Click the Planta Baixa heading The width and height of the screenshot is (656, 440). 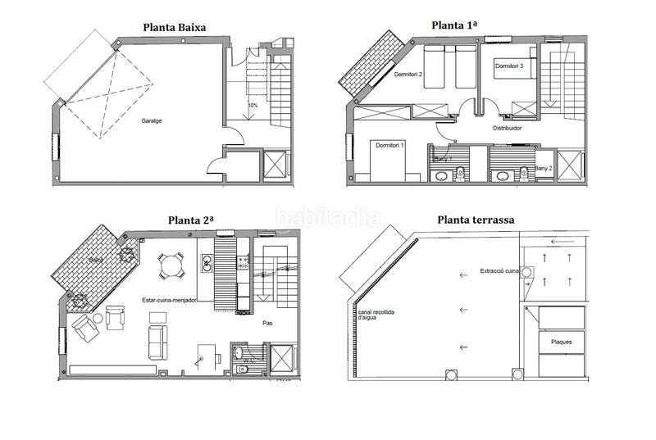pos(174,27)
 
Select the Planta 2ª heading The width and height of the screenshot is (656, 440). pos(191,220)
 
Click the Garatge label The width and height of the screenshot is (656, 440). pos(151,120)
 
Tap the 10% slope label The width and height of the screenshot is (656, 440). pos(253,106)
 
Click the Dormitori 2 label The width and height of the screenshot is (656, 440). pos(408,75)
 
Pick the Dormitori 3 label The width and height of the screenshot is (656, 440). pos(508,65)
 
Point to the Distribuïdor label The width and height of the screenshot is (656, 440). pos(508,129)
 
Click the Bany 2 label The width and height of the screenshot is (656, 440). pos(544,168)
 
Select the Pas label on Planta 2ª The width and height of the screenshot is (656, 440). pos(267,324)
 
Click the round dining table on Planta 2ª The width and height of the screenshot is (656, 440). pos(171,265)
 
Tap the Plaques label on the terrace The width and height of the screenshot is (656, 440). pos(561,342)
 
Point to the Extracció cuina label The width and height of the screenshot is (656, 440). pos(501,270)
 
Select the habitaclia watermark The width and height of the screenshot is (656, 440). pos(328,217)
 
